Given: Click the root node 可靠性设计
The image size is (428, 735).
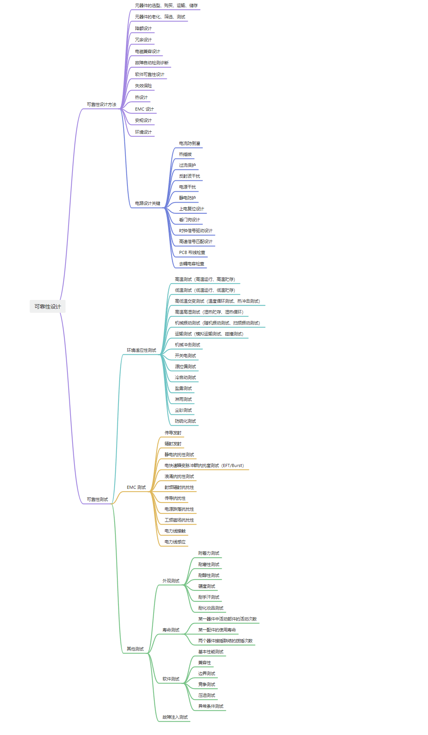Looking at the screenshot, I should pos(48,307).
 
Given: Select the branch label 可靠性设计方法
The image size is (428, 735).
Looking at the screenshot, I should pos(101,104).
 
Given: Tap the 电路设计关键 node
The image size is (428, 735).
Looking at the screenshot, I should pos(147,203).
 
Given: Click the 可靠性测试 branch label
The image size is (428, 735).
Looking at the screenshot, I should pos(97,499).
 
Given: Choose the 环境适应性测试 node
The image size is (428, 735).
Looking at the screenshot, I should pos(141,350).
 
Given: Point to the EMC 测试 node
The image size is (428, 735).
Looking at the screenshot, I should pos(136,487).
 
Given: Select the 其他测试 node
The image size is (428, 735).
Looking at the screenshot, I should pos(135,649).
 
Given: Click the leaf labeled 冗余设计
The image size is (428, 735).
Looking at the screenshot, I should pos(143,40).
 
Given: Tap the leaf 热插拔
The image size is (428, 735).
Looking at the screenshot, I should pos(185,154).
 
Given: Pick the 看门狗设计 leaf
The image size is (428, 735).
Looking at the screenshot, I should pos(189,220).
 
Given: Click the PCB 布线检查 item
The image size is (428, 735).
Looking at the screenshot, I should pos(192,252).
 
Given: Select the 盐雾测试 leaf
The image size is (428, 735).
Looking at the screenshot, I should pos(183,388).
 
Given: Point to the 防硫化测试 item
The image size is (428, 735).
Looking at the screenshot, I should pos(185,421).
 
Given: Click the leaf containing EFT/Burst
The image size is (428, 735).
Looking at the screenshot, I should pos(204,465).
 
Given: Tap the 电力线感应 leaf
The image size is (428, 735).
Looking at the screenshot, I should pos(175,542).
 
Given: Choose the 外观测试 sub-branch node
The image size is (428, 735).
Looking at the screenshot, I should pos(171,581).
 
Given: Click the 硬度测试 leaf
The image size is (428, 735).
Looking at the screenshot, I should pos(207,586).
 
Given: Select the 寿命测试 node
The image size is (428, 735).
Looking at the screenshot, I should pos(171,630).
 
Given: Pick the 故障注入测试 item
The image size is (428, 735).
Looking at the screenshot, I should pos(175,717).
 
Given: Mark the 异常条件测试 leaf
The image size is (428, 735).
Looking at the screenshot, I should pos(210,706).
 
